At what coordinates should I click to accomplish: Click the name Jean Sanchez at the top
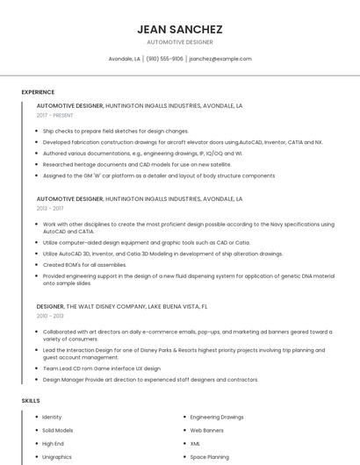click(180, 29)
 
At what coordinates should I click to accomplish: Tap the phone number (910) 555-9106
click(164, 59)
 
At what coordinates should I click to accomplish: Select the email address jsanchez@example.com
click(220, 59)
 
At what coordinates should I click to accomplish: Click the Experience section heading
click(38, 92)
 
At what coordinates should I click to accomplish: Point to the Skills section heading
click(31, 401)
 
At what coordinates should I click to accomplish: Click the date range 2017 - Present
click(55, 115)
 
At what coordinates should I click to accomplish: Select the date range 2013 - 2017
click(50, 209)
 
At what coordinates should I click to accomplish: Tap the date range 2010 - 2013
click(50, 316)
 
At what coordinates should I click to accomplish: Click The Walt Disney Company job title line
click(122, 307)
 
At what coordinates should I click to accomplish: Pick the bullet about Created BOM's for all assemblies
click(84, 264)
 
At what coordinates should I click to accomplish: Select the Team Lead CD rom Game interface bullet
click(102, 368)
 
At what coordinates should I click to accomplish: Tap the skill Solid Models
click(58, 431)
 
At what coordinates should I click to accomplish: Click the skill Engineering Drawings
click(217, 417)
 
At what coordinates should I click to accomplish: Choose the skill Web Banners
click(207, 431)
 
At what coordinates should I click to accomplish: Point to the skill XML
click(196, 444)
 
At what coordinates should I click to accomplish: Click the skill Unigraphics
click(57, 457)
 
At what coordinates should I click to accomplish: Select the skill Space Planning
click(210, 457)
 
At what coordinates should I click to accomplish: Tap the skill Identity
click(52, 417)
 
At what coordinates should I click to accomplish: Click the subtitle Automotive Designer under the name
click(180, 42)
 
